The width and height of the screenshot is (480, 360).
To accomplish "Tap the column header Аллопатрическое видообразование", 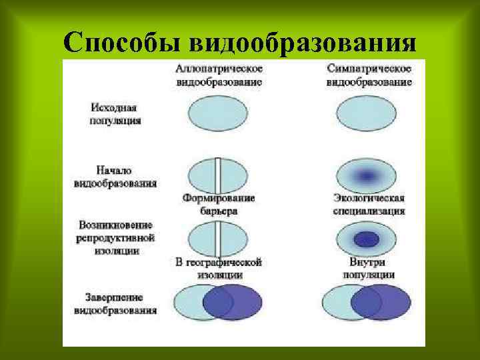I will point(219,75).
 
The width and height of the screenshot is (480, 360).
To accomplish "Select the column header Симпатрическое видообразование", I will point(369,75).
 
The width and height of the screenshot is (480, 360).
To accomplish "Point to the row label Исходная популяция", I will point(115,113).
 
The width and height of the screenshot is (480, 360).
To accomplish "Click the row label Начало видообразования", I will point(115,175).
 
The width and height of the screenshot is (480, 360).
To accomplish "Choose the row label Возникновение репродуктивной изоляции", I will point(115,237).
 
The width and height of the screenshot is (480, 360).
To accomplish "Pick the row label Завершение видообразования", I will point(115,303).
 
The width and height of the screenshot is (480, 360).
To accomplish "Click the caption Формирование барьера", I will point(219,204).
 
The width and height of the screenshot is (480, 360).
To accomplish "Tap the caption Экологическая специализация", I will point(369,204).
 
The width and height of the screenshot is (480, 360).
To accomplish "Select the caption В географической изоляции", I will point(219,268).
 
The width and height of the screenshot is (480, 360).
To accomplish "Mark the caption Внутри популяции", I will point(369,268).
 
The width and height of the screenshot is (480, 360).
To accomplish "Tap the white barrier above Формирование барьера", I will point(217,175).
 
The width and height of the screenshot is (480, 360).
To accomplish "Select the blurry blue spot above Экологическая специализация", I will point(365,176).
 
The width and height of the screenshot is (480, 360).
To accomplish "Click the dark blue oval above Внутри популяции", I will point(365,239).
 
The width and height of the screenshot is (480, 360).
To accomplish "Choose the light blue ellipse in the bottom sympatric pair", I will point(337,303).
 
